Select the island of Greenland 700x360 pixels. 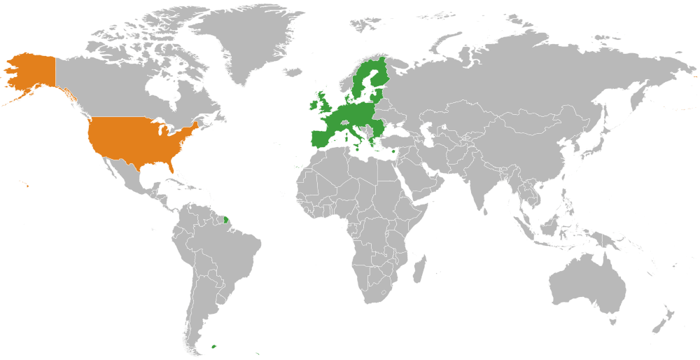(241, 42)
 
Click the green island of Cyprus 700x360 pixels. (395, 150)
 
